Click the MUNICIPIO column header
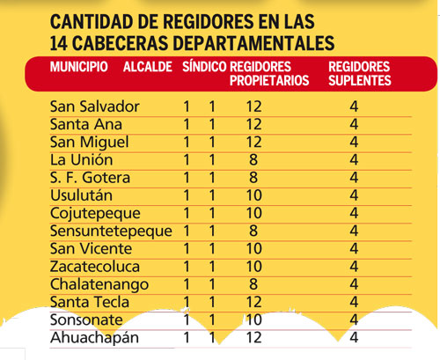pos(79,67)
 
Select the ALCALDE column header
pos(148,67)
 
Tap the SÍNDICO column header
pos(204,66)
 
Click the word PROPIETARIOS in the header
pos(269,80)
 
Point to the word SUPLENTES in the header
pos(360,80)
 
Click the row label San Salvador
pos(94,107)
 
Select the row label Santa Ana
pos(86,124)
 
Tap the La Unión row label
pos(81,159)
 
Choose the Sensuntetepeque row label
pos(111,231)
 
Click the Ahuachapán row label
pos(94,338)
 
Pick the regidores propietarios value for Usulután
pos(253,195)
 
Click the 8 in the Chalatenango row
pos(253,284)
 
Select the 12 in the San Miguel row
pos(253,142)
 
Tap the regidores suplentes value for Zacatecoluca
pos(354,267)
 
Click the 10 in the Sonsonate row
pos(253,320)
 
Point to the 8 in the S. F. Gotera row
pos(253,178)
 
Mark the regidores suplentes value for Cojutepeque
pos(354,213)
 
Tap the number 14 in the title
pos(59,43)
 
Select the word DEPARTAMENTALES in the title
pos(253,43)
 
